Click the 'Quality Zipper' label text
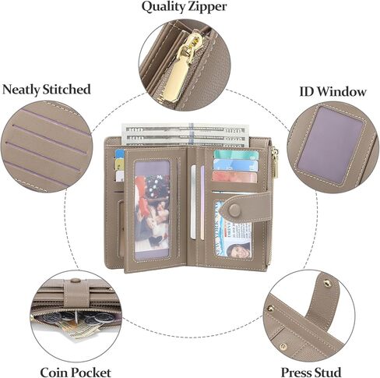(x=184, y=7)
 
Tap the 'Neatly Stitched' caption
(x=47, y=90)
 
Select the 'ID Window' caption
(x=332, y=91)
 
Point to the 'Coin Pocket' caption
(x=76, y=372)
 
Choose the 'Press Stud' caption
(x=311, y=372)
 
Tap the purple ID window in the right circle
(x=331, y=142)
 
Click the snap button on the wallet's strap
(x=234, y=208)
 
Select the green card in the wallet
(x=236, y=154)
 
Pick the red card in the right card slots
(x=234, y=176)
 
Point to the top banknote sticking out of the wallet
(x=183, y=129)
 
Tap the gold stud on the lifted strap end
(x=328, y=283)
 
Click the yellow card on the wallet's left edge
(x=120, y=164)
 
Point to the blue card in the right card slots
(x=235, y=165)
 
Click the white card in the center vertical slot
(x=193, y=202)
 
